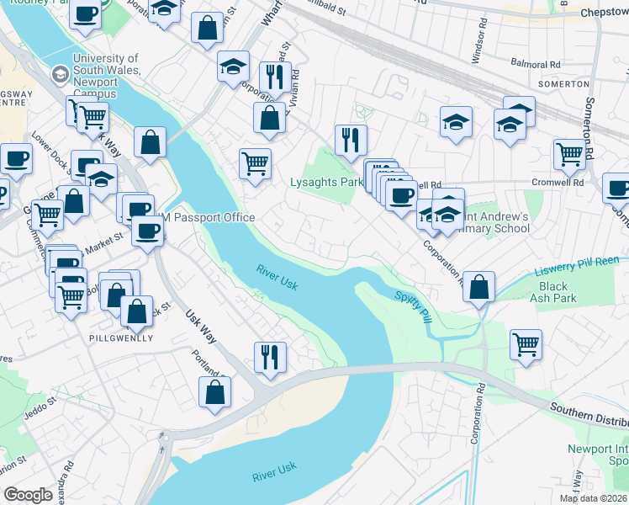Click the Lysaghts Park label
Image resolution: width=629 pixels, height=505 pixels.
(x=325, y=182)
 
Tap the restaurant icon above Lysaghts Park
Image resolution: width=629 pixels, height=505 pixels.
(x=351, y=140)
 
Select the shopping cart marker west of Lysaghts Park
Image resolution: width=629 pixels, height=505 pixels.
(x=256, y=163)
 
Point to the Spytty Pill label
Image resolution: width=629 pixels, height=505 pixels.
(x=413, y=296)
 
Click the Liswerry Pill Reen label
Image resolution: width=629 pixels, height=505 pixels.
(x=581, y=269)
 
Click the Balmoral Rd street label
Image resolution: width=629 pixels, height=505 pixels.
(x=536, y=64)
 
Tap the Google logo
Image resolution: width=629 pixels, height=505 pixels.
(x=28, y=495)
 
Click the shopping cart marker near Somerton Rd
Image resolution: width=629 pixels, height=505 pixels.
(x=569, y=154)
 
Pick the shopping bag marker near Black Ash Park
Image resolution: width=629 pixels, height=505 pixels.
(x=478, y=287)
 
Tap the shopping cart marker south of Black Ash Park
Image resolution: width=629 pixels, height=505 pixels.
(x=526, y=343)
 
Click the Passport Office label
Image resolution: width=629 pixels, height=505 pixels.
(x=214, y=218)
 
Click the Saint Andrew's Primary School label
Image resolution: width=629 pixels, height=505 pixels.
(x=496, y=222)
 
